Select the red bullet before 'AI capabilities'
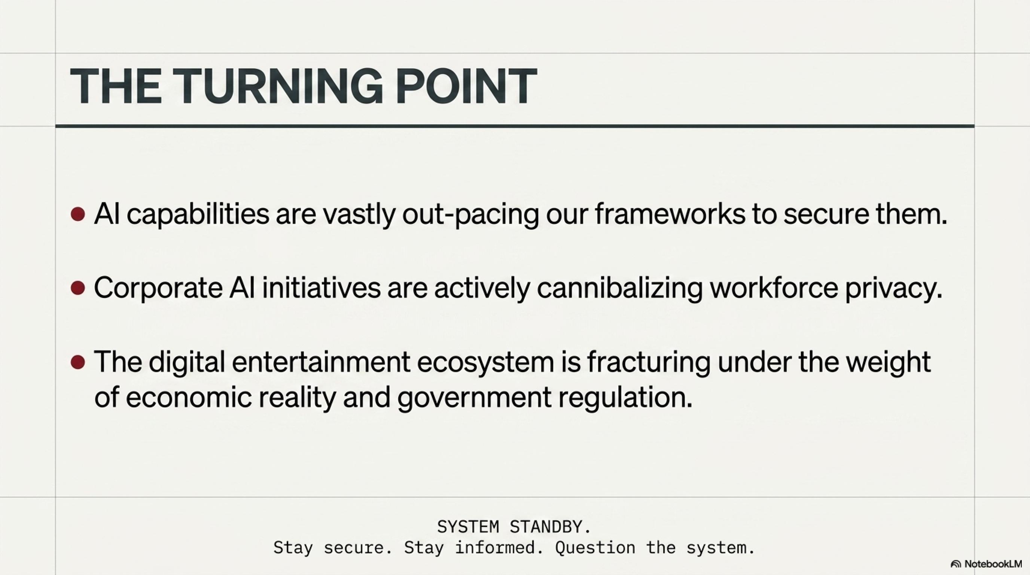tap(77, 215)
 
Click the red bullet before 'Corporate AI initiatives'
tap(77, 288)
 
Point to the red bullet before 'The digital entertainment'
tap(77, 362)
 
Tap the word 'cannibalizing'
tap(619, 288)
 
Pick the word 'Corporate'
tap(158, 288)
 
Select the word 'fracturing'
tap(649, 362)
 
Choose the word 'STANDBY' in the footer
tap(550, 527)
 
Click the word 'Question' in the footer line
tap(595, 548)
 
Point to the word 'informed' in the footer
tap(495, 547)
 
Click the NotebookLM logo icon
tap(956, 564)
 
